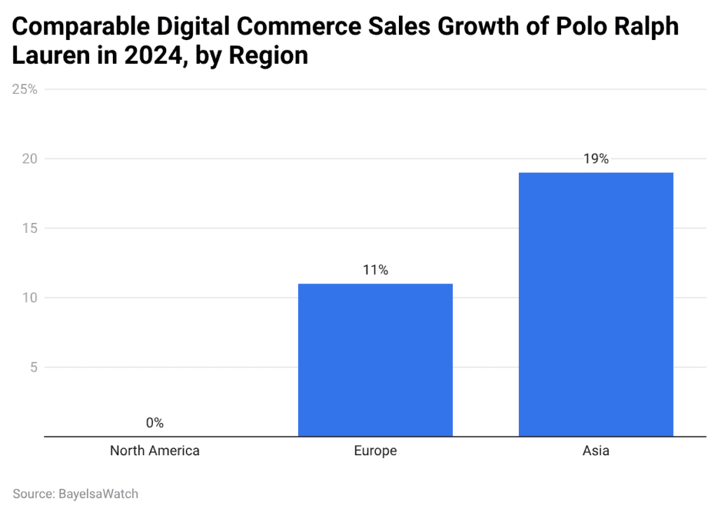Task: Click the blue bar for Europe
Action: [x=375, y=360]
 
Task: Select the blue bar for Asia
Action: [x=596, y=304]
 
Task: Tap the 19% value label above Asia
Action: [x=596, y=159]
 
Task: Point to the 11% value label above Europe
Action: [x=375, y=270]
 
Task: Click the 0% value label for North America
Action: [x=155, y=423]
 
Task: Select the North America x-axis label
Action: [x=155, y=451]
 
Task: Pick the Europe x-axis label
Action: [x=375, y=451]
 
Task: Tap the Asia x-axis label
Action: [x=596, y=451]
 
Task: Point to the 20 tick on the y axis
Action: [x=29, y=159]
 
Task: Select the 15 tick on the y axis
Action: [x=29, y=228]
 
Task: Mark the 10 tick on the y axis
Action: [x=29, y=297]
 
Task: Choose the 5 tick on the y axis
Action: [x=33, y=367]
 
